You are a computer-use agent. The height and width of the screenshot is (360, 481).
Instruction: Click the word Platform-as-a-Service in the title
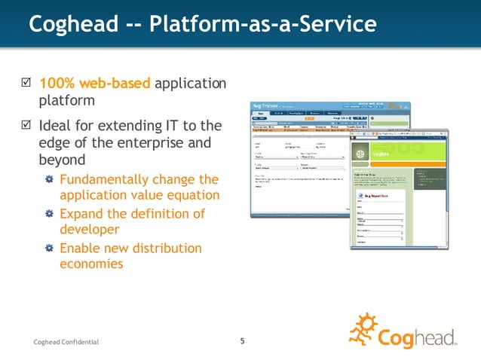click(265, 25)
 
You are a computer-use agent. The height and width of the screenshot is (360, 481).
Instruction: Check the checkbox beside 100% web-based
click(25, 82)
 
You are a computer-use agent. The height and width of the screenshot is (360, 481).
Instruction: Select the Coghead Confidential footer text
click(66, 343)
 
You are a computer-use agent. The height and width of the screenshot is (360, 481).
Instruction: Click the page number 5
click(242, 341)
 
